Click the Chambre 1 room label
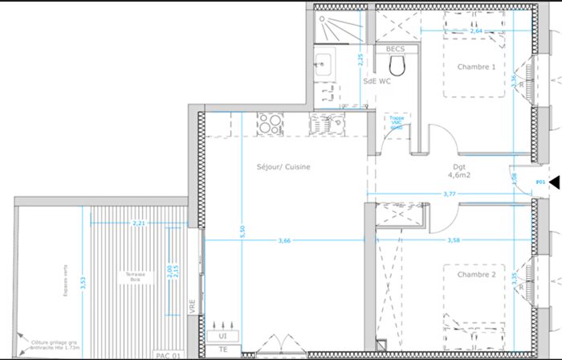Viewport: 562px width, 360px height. point(476,67)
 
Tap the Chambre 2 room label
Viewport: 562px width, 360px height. point(476,276)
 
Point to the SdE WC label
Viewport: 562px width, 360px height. point(377,81)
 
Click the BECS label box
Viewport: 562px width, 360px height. point(395,49)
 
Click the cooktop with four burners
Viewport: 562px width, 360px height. point(271,125)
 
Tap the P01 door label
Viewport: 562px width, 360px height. point(540,182)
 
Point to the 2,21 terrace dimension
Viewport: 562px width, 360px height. point(138,223)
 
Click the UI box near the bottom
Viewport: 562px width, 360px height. point(218,336)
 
